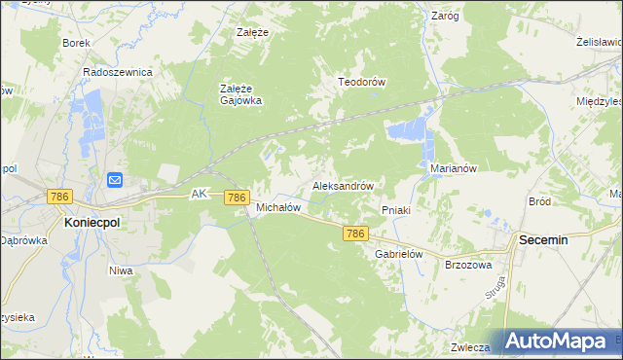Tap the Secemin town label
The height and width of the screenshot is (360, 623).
tap(551, 238)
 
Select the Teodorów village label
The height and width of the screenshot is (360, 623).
tap(362, 82)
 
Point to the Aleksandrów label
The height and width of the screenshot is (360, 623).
tap(343, 184)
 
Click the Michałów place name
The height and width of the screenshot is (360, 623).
tap(277, 207)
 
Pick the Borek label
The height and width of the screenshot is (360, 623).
tap(76, 43)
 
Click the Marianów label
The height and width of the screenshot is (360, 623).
tap(453, 167)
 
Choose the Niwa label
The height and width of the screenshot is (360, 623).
tap(121, 270)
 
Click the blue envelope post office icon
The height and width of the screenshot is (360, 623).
tap(114, 179)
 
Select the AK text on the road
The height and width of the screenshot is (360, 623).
tap(200, 194)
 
